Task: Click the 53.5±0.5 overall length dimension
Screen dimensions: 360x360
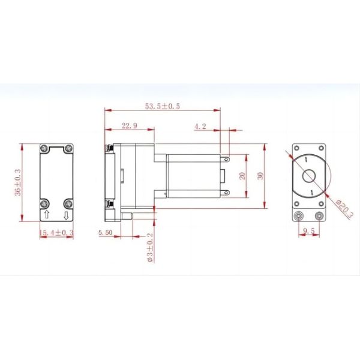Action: [162, 106]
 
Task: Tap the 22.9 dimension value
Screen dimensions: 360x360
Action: [130, 125]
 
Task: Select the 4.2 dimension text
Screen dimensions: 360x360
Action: [200, 126]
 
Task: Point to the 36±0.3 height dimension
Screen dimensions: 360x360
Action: [17, 182]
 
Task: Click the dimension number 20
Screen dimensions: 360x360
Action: [242, 176]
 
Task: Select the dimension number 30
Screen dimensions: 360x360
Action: [259, 176]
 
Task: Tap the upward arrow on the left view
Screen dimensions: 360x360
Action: [47, 214]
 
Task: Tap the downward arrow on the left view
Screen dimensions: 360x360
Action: [67, 214]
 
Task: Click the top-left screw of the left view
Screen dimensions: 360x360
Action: [45, 149]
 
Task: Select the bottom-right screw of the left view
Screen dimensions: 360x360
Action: [67, 202]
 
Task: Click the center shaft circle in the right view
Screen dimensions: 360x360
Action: [309, 176]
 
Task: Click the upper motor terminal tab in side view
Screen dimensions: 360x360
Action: [226, 160]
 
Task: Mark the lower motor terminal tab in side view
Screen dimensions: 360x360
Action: [226, 192]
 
